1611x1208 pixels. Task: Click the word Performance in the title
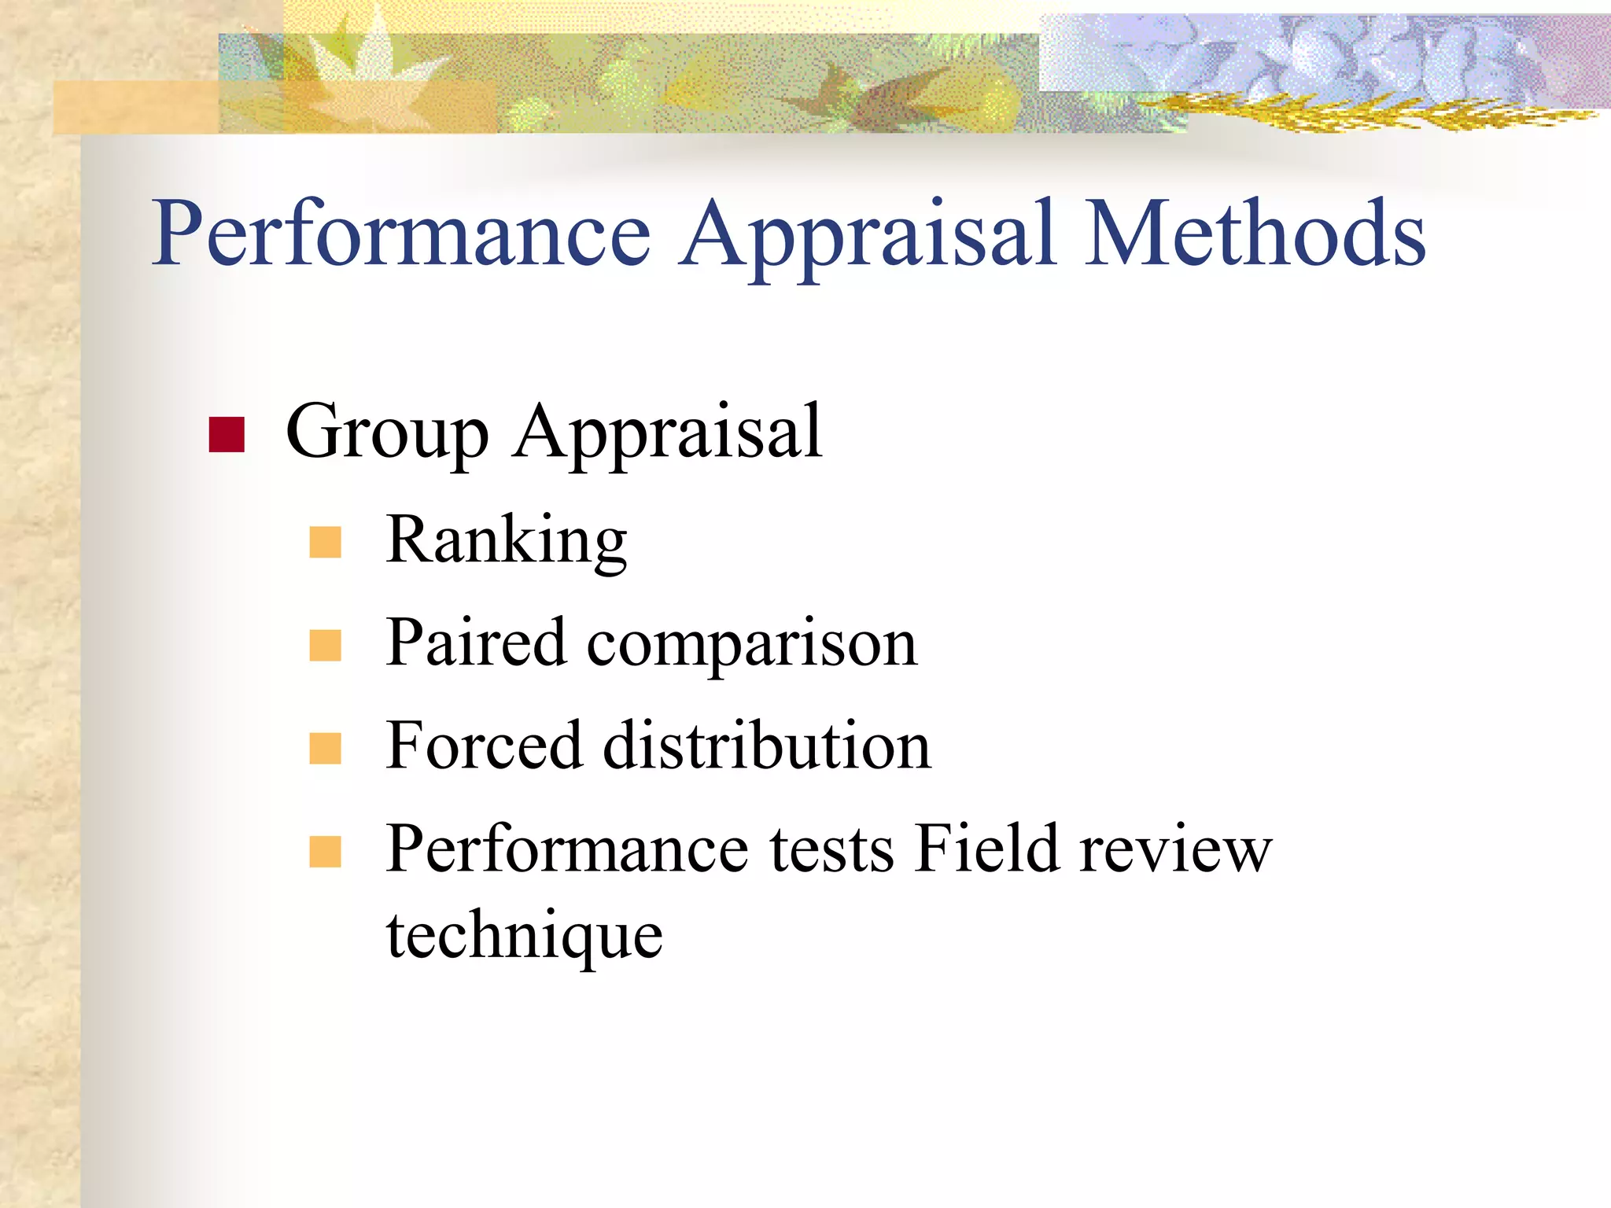point(401,234)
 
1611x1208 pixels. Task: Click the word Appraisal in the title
point(865,234)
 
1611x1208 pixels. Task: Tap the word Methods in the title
point(1255,234)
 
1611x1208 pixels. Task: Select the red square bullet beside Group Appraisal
point(227,434)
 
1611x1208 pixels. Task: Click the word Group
point(387,433)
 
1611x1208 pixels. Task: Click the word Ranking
point(507,541)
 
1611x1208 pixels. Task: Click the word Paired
point(476,643)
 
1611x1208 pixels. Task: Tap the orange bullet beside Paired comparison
point(325,646)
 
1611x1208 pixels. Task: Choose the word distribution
point(767,746)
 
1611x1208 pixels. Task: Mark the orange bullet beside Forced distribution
point(325,749)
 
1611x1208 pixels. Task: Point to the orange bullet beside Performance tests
point(325,852)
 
